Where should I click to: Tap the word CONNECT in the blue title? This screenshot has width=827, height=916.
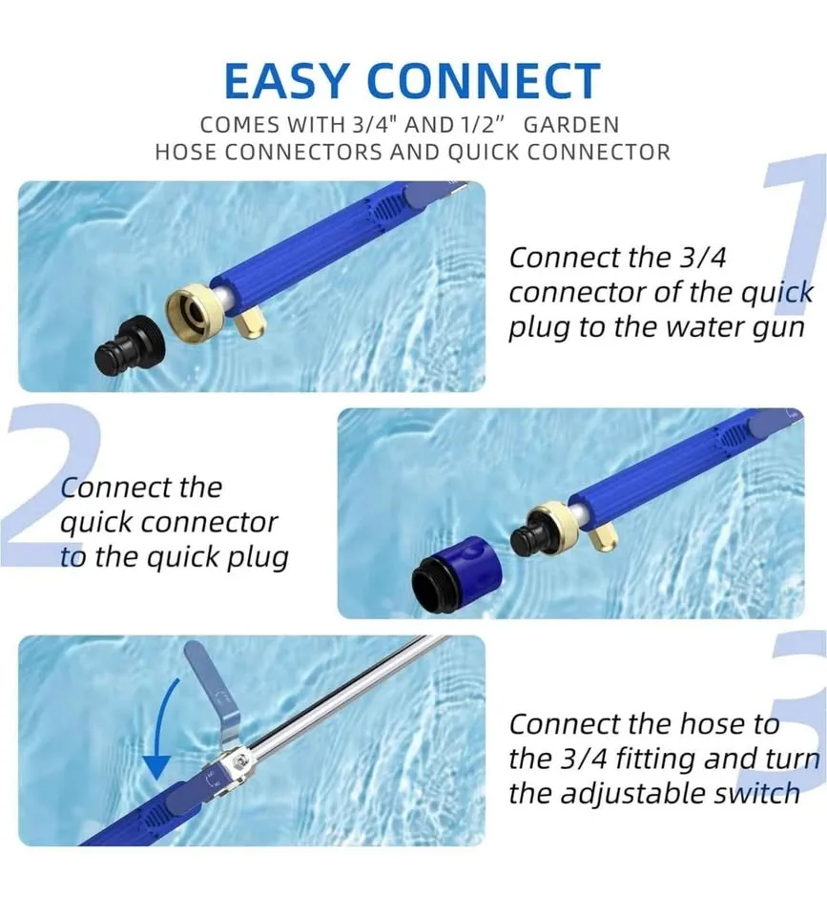tap(490, 81)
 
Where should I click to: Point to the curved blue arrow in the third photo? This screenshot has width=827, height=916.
tap(162, 725)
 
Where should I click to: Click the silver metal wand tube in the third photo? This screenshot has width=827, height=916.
tap(343, 697)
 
